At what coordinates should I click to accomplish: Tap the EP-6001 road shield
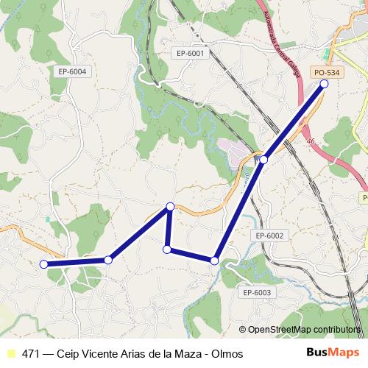[x=191, y=52]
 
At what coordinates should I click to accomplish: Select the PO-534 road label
[x=327, y=72]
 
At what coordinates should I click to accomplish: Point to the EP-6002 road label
[x=269, y=235]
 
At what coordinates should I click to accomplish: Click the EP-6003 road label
[x=257, y=292]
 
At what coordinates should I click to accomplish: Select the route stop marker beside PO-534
[x=324, y=84]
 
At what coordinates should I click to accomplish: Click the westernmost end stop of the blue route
[x=43, y=263]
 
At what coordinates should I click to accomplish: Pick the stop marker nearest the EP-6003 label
[x=214, y=261]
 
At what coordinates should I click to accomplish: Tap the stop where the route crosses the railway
[x=263, y=159]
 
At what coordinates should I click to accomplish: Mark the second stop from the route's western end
[x=109, y=259]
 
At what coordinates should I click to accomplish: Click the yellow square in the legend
[x=10, y=354]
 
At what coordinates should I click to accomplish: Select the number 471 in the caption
[x=32, y=354]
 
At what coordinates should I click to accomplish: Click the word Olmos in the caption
[x=227, y=354]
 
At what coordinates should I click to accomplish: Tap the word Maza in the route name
[x=185, y=354]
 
